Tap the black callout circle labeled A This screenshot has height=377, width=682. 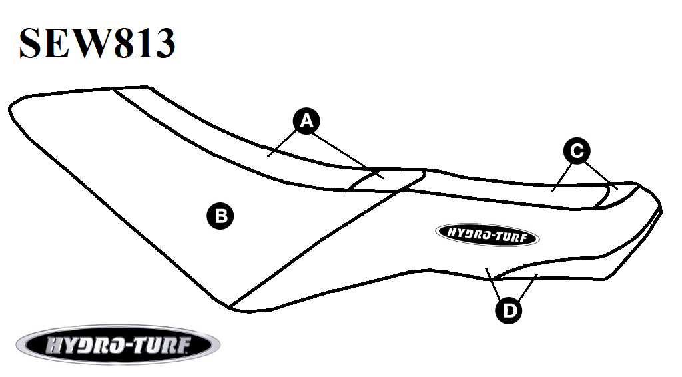click(x=306, y=121)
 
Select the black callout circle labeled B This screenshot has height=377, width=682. click(x=220, y=216)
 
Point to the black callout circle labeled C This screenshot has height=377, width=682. click(x=577, y=151)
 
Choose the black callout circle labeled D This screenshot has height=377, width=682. click(x=509, y=310)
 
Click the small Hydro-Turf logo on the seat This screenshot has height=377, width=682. click(x=487, y=235)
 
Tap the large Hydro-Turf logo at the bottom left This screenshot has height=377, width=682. click(x=118, y=345)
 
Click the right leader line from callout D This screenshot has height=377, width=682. click(x=527, y=287)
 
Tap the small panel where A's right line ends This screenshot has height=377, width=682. click(x=386, y=180)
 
